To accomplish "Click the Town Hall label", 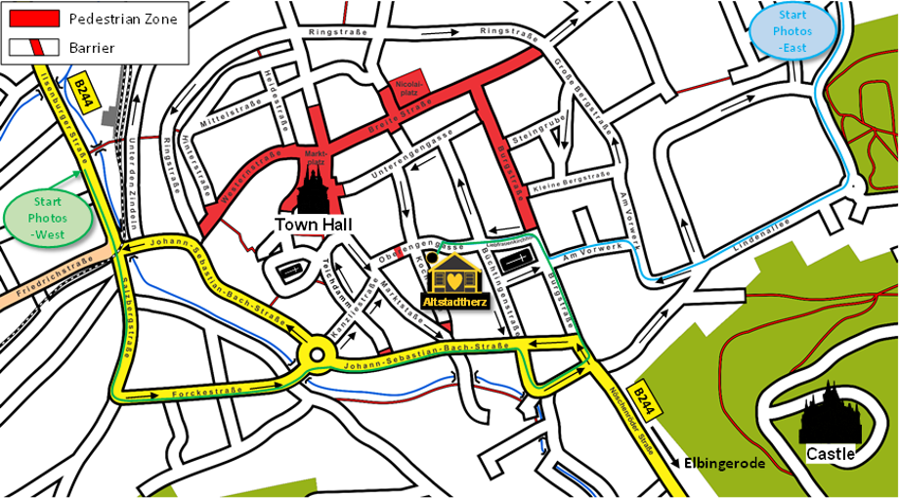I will tap(313, 225).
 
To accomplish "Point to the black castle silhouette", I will tap(830, 414).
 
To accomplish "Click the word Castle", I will tap(831, 454).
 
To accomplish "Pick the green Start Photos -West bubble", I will tap(48, 217).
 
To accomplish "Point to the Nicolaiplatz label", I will tap(408, 90).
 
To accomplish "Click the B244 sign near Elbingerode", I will tap(641, 395).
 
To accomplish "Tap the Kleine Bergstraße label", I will tap(571, 182).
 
